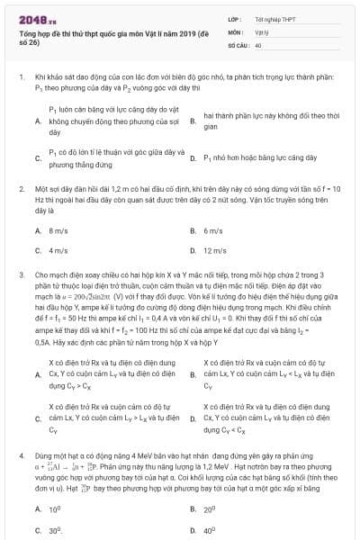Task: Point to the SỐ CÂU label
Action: pos(238,44)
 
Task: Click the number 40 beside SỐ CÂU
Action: pos(258,44)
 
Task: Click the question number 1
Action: pos(20,77)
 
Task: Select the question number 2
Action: pos(20,190)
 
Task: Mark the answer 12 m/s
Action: pos(215,250)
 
